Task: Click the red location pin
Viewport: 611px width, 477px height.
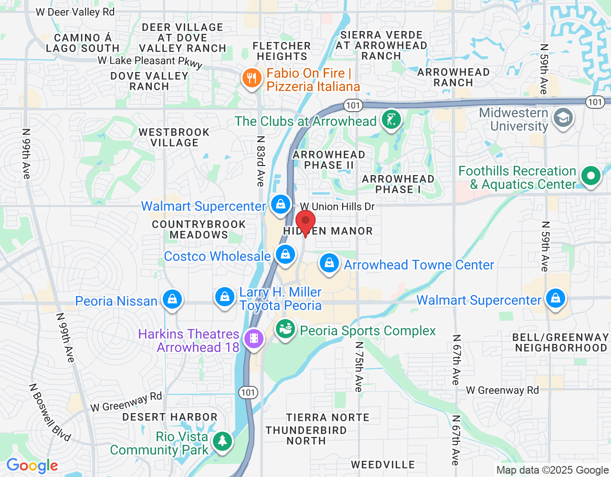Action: point(305,223)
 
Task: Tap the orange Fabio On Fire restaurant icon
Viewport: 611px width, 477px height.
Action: point(252,78)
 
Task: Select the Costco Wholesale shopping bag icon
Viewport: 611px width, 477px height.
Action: point(285,254)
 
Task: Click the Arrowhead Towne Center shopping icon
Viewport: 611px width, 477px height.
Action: point(329,263)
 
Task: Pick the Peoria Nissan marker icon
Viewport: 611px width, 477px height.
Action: point(172,299)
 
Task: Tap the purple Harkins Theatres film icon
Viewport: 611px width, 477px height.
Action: point(253,339)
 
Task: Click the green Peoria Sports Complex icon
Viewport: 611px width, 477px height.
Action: point(285,329)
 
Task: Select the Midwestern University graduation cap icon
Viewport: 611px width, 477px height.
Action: point(563,118)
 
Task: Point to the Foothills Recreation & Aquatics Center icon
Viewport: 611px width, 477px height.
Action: point(591,176)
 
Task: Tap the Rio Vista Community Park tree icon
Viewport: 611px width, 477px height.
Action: point(222,441)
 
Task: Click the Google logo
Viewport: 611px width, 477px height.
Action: point(32,466)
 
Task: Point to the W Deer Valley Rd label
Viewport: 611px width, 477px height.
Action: point(75,12)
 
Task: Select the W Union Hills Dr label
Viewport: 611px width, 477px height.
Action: point(337,207)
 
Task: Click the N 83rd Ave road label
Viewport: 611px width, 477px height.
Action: point(261,161)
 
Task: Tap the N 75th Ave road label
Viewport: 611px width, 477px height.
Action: point(359,366)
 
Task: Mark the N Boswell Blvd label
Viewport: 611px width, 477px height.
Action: point(50,412)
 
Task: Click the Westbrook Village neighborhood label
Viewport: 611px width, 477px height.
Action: point(174,137)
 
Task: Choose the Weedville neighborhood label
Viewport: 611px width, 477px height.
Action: point(383,465)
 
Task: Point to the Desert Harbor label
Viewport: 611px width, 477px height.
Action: point(170,417)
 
